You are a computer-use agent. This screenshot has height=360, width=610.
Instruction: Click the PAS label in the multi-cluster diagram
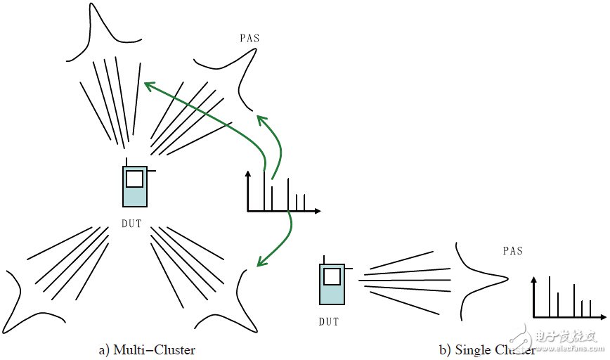[x=249, y=39]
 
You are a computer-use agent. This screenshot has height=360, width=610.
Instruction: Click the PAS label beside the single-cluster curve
[x=513, y=251]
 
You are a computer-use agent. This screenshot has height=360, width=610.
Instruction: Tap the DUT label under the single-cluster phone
[x=328, y=322]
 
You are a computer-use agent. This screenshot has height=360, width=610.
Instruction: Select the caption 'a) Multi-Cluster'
[x=147, y=349]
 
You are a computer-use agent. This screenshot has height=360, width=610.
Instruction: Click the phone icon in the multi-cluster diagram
[x=134, y=187]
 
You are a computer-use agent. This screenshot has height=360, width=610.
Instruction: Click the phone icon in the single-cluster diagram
[x=332, y=284]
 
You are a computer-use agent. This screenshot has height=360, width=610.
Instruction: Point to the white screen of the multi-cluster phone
[x=134, y=178]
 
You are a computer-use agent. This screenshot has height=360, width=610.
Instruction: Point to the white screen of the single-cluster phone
[x=332, y=276]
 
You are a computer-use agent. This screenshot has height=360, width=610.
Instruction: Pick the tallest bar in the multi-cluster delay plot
[x=264, y=191]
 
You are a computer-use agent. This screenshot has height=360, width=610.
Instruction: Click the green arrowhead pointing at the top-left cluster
[x=147, y=85]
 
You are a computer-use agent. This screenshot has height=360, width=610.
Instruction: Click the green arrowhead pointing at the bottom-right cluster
[x=260, y=264]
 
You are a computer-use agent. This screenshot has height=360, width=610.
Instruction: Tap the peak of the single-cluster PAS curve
[x=506, y=281]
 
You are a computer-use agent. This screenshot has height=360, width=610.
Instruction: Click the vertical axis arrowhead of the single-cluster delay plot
[x=535, y=281]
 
